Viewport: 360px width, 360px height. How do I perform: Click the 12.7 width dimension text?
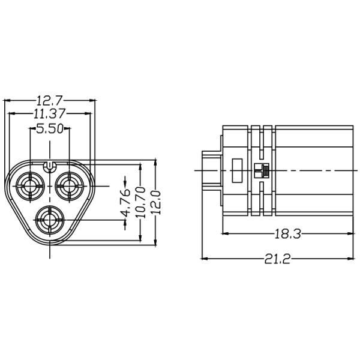50,100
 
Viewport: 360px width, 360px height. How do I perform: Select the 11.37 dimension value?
50,113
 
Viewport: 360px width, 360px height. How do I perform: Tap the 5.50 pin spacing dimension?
50,128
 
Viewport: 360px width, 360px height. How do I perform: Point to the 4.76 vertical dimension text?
125,205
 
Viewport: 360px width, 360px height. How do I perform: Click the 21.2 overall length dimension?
277,259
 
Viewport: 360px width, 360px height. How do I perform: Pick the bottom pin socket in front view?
49,221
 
